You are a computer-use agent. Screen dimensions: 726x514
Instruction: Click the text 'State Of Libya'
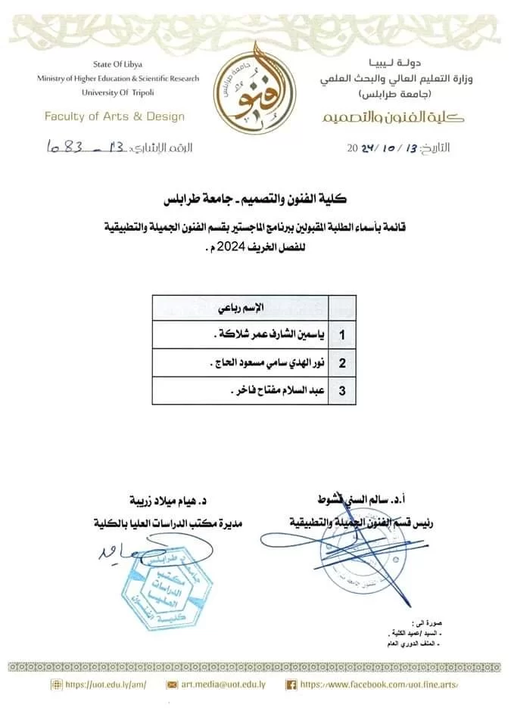click(117, 66)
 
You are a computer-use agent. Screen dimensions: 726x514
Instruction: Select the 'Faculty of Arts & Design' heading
click(114, 116)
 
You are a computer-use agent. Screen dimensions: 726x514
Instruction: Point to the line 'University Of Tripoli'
click(117, 92)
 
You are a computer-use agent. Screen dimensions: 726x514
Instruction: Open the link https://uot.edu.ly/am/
click(105, 684)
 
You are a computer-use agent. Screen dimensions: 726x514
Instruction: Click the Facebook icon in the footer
click(290, 684)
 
